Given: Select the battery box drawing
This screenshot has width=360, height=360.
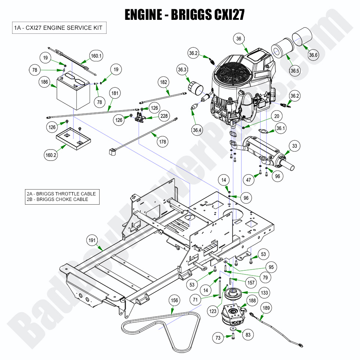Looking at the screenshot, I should pyautogui.click(x=72, y=92).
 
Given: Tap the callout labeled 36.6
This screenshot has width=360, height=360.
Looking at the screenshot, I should pyautogui.click(x=313, y=55).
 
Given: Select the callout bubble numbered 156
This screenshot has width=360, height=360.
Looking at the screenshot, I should pyautogui.click(x=175, y=300).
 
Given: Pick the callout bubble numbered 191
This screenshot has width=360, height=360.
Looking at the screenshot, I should pyautogui.click(x=92, y=241).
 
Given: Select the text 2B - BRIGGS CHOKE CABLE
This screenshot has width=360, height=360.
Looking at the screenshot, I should pyautogui.click(x=57, y=199).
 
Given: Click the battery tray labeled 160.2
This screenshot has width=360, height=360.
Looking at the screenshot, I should pyautogui.click(x=73, y=139).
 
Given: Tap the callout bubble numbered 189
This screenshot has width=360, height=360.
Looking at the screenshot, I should pyautogui.click(x=267, y=308).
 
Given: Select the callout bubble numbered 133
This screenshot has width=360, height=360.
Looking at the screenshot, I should pyautogui.click(x=263, y=293).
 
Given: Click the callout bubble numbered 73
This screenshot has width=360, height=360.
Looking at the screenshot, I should pyautogui.click(x=219, y=338).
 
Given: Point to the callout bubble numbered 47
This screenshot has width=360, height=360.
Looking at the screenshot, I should pyautogui.click(x=249, y=180).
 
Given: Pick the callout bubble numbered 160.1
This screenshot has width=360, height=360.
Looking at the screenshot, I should pyautogui.click(x=96, y=56).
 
